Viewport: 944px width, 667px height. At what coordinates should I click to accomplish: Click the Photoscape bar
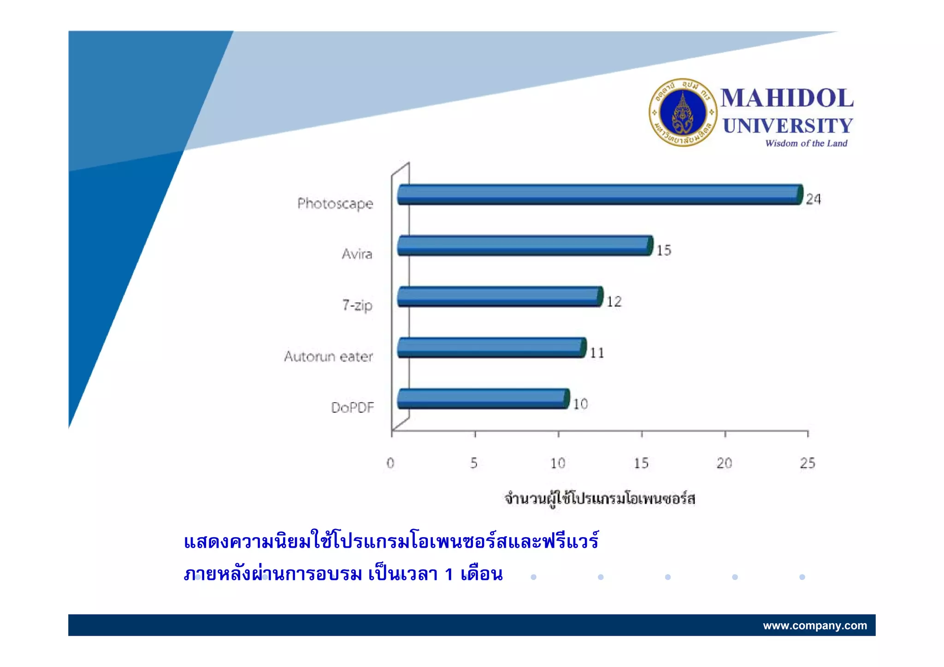point(599,194)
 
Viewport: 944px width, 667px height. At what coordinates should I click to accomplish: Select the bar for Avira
point(525,246)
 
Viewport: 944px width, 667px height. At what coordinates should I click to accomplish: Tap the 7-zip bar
point(500,297)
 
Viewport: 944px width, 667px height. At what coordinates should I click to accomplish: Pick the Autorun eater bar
point(491,348)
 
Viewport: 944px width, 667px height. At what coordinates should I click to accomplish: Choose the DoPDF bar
point(483,399)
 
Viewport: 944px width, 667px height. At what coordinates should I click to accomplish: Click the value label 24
point(813,199)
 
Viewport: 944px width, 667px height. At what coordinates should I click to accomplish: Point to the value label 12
point(614,302)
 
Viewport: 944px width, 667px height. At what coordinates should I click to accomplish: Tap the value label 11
point(597,353)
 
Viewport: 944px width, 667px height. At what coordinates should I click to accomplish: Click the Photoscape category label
point(335,204)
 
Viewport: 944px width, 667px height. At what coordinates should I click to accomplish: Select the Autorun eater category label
point(328,357)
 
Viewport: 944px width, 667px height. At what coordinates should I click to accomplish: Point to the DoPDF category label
point(352,408)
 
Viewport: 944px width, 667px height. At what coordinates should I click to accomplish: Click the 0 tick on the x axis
point(390,463)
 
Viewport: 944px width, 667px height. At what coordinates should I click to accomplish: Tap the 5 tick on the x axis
point(474,463)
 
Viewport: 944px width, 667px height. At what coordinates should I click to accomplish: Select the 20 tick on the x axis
point(724,463)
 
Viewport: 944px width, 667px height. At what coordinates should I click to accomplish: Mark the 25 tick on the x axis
point(808,463)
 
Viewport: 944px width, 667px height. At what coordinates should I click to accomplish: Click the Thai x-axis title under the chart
point(599,498)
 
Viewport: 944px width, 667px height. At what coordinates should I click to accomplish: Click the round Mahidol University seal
point(683,112)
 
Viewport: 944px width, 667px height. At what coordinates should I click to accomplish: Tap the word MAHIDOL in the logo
point(787,99)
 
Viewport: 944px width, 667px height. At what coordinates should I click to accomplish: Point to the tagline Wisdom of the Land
point(806,143)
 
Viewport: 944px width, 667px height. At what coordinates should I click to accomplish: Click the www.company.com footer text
point(814,626)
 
